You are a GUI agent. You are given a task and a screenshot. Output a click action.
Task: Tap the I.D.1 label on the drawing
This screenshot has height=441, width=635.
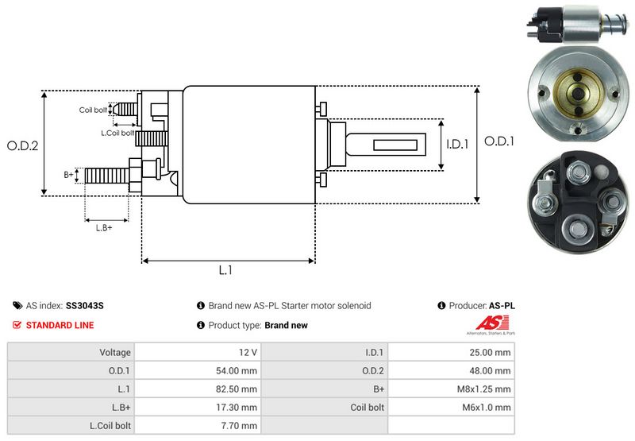[458, 145]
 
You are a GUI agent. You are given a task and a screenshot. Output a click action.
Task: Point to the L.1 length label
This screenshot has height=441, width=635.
[225, 270]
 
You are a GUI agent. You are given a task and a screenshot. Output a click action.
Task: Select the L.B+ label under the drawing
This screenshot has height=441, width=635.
[104, 228]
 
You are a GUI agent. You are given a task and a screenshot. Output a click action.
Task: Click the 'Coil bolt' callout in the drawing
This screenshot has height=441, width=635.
[93, 110]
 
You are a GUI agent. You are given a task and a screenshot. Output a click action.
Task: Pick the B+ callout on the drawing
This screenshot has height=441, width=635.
[68, 173]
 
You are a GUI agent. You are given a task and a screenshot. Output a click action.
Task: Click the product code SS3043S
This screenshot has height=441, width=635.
[85, 305]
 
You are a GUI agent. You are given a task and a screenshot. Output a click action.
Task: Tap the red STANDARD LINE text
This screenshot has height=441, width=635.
[60, 325]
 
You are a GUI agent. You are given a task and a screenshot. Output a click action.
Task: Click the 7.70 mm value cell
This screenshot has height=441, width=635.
[241, 426]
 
